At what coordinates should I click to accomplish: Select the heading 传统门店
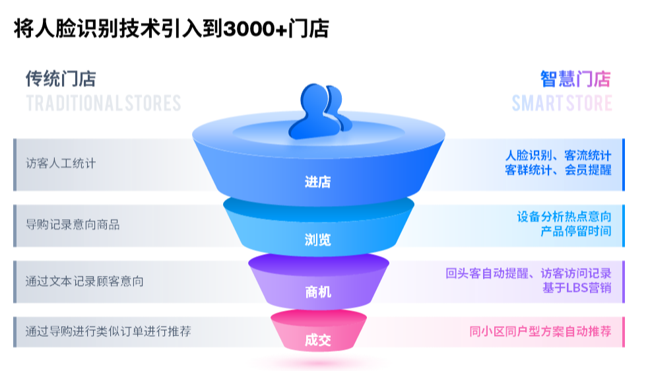[61, 79]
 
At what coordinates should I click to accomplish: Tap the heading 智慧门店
[575, 79]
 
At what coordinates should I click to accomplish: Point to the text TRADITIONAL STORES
[104, 103]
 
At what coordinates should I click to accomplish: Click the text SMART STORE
[562, 103]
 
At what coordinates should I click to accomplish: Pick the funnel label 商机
[318, 292]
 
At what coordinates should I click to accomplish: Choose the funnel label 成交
[318, 341]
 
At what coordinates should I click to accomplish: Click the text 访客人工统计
[61, 163]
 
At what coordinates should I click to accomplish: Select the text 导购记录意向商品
[73, 224]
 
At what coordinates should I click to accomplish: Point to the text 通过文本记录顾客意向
[84, 281]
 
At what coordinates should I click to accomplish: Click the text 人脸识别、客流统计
[558, 156]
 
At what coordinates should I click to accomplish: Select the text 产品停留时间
[576, 231]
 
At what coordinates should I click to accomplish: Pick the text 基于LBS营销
[577, 288]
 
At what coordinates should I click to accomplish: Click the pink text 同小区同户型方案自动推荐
[540, 331]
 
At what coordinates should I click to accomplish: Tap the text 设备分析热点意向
[564, 217]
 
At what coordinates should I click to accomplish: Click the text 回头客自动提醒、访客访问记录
[529, 273]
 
